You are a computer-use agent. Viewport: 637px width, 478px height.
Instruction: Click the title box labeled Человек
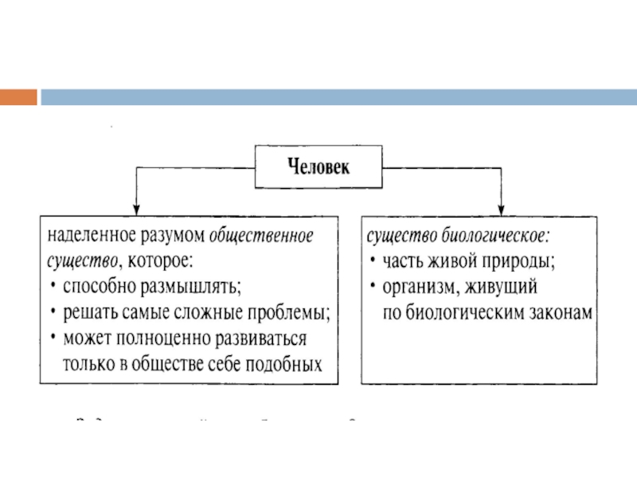coord(318,167)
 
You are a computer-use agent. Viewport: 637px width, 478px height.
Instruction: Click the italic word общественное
coord(262,237)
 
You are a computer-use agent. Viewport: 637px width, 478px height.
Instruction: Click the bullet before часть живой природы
coord(372,261)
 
